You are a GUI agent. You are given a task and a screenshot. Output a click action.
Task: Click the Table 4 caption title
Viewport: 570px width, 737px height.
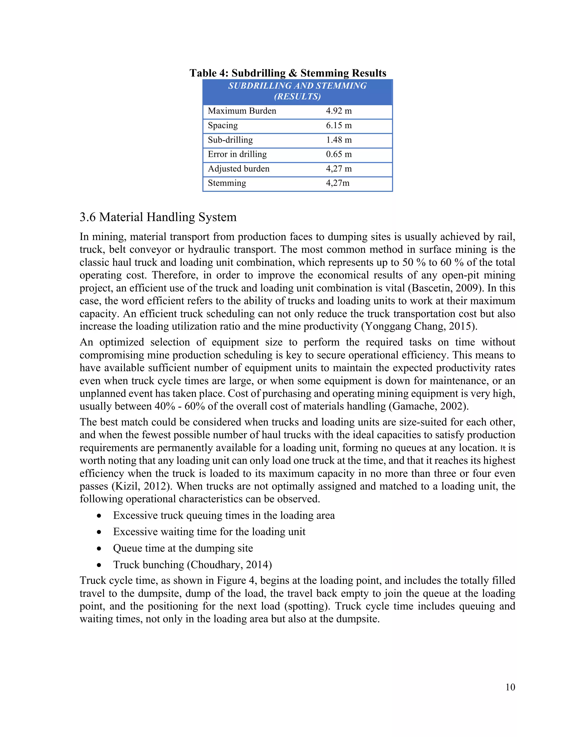(x=288, y=73)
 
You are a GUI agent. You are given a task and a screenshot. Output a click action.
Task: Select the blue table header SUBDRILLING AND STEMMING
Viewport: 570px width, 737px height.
(x=297, y=91)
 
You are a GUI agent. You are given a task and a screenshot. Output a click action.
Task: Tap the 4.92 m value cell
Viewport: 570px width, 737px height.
(x=339, y=111)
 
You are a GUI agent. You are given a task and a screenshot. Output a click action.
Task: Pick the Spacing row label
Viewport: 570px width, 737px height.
(x=223, y=125)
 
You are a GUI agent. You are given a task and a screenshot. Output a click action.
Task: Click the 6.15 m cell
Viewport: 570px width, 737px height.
(x=339, y=125)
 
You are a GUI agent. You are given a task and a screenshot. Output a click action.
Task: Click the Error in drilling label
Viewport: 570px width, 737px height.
(x=237, y=154)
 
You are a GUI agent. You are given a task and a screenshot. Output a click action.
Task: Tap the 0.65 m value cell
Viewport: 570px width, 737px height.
(x=339, y=154)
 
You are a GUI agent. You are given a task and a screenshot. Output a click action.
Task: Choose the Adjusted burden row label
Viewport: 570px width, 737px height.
(x=239, y=169)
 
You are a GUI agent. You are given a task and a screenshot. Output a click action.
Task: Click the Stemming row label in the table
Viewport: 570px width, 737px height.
(x=227, y=183)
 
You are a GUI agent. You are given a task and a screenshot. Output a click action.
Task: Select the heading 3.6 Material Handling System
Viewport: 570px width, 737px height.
(x=158, y=217)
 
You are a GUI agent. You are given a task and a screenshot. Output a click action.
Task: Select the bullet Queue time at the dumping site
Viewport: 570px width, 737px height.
(x=183, y=548)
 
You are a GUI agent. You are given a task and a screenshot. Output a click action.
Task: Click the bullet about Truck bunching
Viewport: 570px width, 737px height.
(x=193, y=565)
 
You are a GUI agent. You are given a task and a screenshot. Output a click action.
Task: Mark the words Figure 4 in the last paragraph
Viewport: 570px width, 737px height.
(x=236, y=581)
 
